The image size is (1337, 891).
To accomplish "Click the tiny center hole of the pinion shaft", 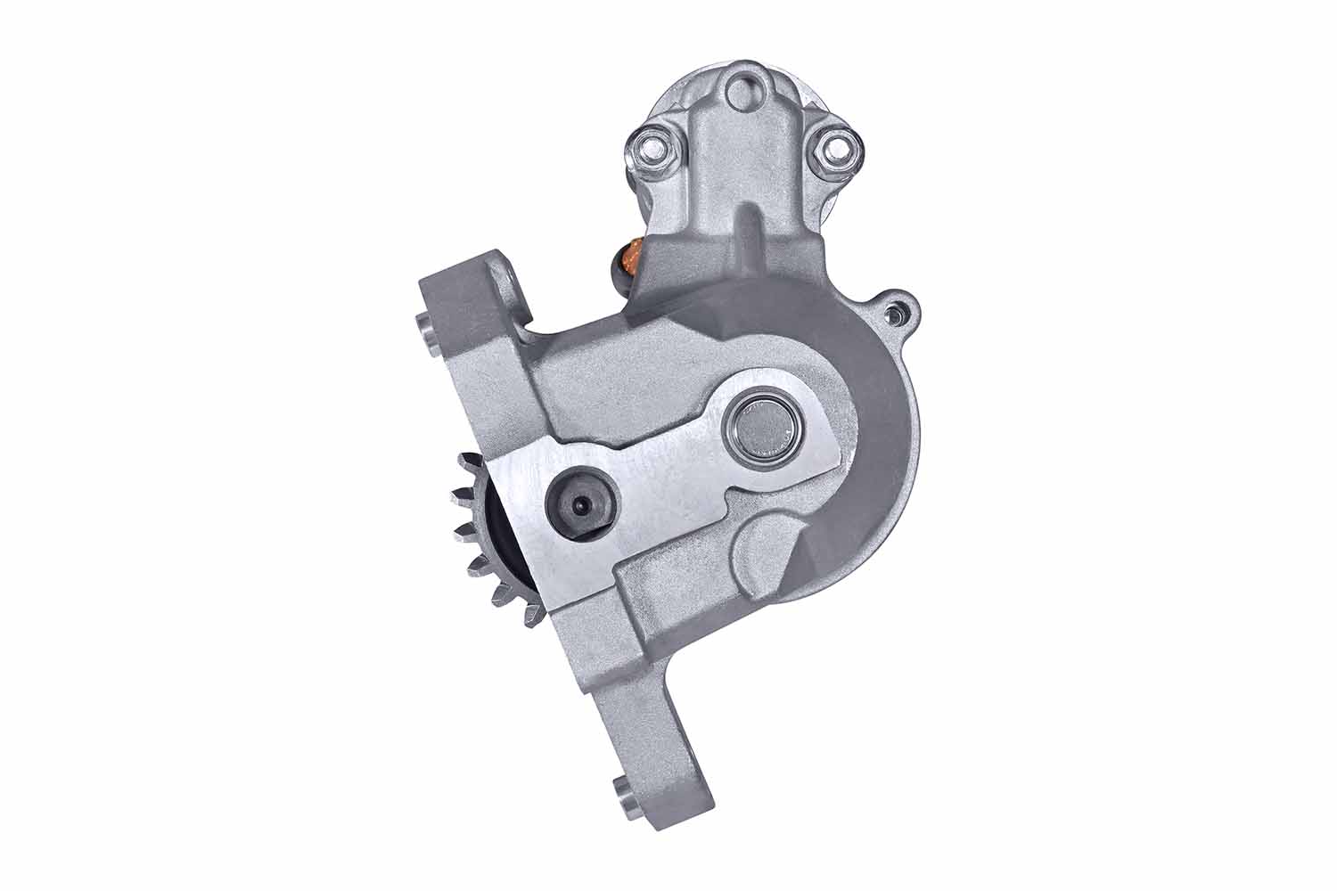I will tap(579, 504).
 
